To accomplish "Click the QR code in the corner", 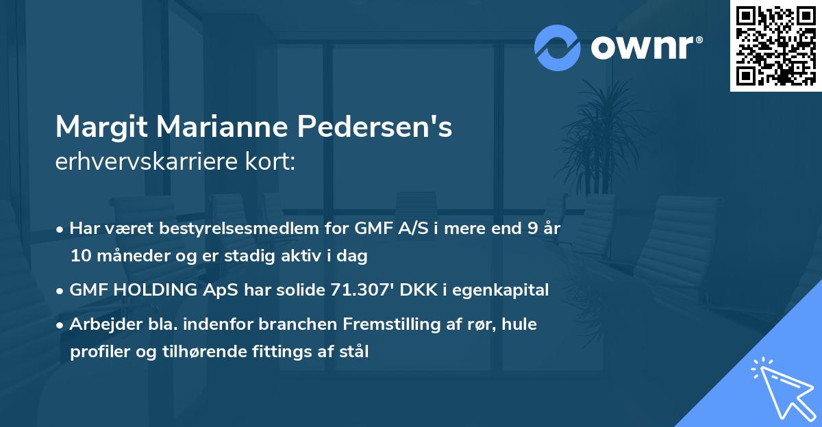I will point(776,46).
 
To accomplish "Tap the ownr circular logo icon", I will point(558,47).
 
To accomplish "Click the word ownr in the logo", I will point(642,48).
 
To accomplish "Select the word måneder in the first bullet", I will point(129,256).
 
